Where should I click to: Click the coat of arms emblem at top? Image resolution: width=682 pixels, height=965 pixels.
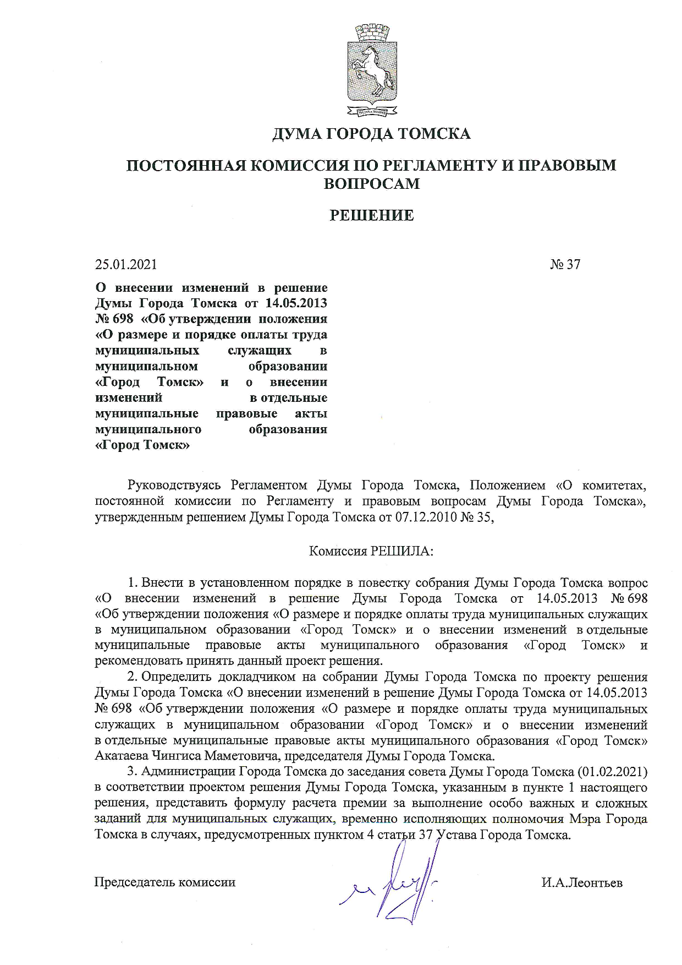[x=371, y=68]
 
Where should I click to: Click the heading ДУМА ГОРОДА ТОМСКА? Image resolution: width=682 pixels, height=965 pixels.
[x=371, y=134]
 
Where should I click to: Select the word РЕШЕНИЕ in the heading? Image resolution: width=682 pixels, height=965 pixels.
[x=371, y=215]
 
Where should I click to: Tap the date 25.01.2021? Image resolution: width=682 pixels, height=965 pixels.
[x=126, y=264]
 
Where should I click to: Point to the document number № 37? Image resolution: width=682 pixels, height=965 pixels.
[x=565, y=264]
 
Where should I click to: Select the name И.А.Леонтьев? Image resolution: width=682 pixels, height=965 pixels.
[x=582, y=883]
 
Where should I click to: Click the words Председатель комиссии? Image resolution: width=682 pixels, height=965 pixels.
[x=165, y=882]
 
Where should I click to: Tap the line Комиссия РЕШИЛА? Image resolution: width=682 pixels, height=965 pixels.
[x=371, y=551]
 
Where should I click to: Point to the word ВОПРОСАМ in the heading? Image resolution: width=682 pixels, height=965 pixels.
[x=371, y=183]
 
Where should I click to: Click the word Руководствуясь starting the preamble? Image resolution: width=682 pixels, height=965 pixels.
[x=174, y=486]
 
